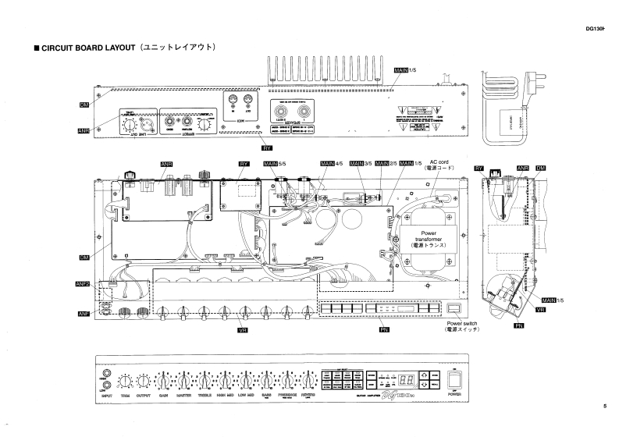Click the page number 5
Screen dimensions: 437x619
603,405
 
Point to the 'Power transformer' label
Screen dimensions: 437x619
429,238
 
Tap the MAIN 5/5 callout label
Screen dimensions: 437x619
276,163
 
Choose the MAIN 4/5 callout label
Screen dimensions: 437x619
333,163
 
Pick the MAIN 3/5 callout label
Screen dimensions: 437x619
361,163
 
